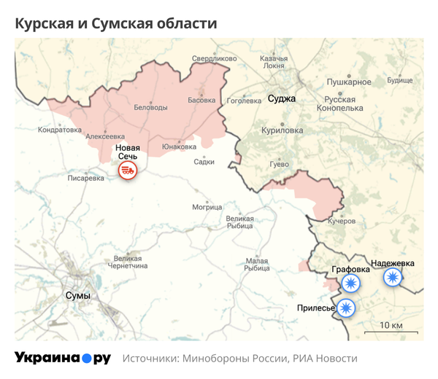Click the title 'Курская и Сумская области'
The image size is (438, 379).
116,23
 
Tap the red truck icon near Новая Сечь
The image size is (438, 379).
128,171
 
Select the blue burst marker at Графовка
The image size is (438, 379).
352,284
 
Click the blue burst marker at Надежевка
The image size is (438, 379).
393,277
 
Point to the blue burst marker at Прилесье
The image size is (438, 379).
346,308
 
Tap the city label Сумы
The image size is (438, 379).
78,296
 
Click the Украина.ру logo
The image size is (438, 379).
63,358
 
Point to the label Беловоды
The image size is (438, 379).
151,107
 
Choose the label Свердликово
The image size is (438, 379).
215,58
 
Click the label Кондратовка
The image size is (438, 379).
60,130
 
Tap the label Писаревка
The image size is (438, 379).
85,177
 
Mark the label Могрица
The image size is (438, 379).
207,207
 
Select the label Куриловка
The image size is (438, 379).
282,130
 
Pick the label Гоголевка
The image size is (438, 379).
245,101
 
